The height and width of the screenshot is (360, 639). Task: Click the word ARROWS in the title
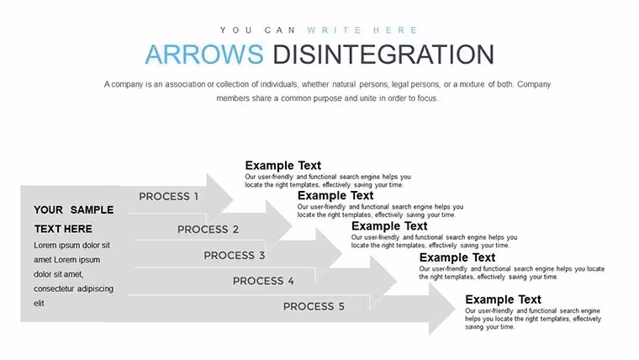[x=204, y=54]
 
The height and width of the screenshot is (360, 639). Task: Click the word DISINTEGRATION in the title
[x=383, y=54]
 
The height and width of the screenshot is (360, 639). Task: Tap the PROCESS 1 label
[x=168, y=197]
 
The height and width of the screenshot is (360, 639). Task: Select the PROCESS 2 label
[x=208, y=230]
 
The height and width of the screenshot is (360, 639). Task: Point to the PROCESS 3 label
[x=235, y=256]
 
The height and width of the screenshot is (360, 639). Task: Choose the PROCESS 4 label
[x=263, y=281]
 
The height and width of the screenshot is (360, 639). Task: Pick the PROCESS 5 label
[x=314, y=307]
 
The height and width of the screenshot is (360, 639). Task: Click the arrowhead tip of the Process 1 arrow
[x=233, y=199]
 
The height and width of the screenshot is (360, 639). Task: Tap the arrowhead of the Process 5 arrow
[x=442, y=310]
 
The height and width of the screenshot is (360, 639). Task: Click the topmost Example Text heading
[x=283, y=166]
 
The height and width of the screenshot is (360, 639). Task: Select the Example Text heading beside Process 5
[x=503, y=299]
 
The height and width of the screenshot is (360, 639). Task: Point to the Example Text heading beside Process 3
[x=389, y=226]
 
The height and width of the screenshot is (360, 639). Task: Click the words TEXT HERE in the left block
[x=63, y=229]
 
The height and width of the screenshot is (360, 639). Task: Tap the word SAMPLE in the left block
[x=92, y=210]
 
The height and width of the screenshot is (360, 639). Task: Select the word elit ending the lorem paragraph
[x=39, y=304]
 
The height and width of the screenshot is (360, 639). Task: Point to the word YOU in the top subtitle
[x=236, y=30]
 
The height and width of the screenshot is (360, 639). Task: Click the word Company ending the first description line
[x=534, y=85]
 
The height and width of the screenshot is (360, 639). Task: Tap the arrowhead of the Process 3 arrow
[x=329, y=253]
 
